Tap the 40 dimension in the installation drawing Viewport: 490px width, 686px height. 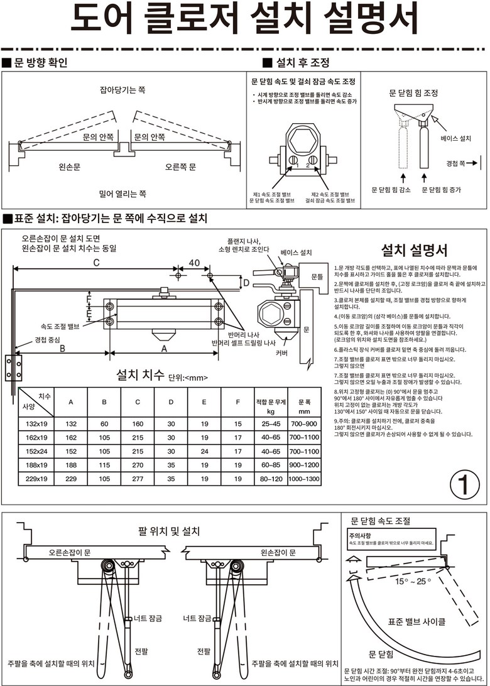click(194, 263)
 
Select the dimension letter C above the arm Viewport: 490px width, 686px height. click(96, 263)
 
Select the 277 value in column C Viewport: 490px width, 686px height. click(138, 478)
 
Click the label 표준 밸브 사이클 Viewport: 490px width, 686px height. click(417, 621)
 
